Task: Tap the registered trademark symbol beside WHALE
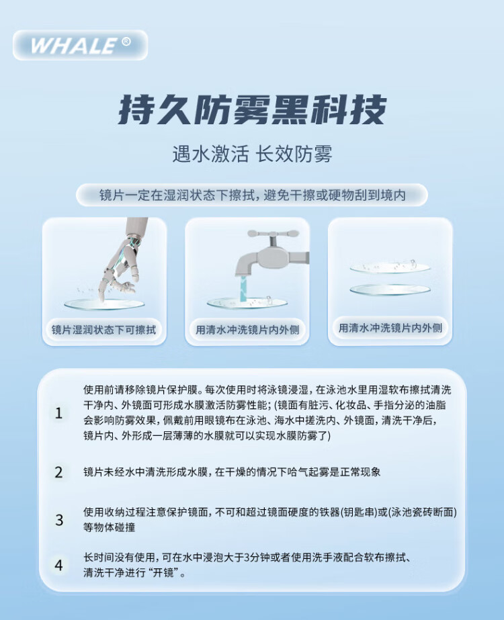126,42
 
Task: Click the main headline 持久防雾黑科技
252,109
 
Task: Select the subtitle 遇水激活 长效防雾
252,154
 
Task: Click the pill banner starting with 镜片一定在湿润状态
252,195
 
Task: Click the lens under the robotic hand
104,304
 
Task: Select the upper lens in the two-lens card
390,267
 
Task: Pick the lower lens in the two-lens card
390,290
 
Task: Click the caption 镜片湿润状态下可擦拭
104,329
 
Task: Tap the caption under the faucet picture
247,329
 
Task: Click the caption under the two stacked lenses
390,328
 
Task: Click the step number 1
59,413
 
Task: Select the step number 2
59,472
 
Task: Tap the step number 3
59,520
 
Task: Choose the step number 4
59,566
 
